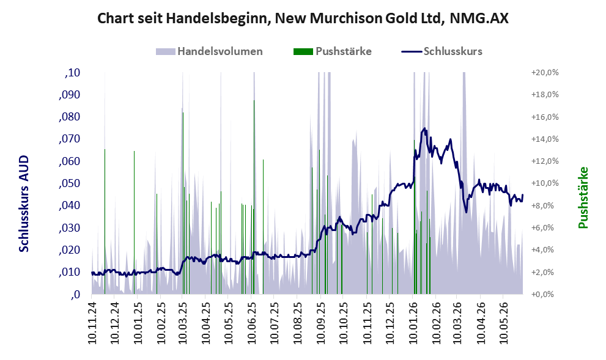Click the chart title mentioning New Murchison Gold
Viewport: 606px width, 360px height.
coord(303,18)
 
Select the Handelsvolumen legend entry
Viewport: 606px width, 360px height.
coord(209,51)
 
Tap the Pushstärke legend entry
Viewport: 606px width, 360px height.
coord(333,51)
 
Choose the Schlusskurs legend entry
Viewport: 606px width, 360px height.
coord(442,51)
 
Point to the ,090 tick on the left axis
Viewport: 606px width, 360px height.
coord(70,95)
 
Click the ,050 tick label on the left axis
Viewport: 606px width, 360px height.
coord(70,183)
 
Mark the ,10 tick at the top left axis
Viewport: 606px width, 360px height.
coord(73,73)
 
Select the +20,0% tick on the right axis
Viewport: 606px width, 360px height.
coord(545,73)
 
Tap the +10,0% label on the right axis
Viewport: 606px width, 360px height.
coord(545,183)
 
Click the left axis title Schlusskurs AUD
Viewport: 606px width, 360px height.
coord(24,204)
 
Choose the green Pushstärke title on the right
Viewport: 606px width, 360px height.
coord(583,197)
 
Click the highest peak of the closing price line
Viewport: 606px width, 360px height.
coord(425,128)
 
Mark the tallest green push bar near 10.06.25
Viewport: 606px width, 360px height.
coord(254,197)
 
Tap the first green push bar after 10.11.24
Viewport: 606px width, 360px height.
coord(105,222)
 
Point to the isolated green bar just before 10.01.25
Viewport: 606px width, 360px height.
coord(134,222)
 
